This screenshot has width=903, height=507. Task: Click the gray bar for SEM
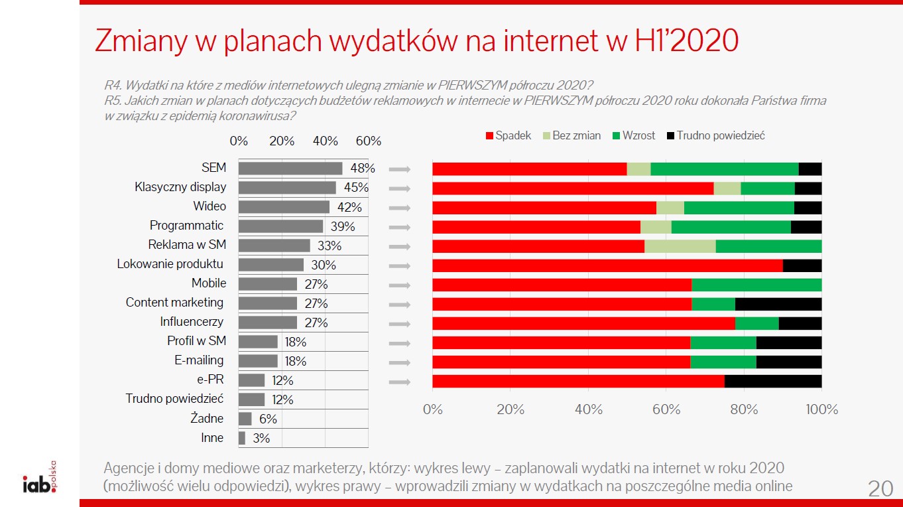tap(290, 169)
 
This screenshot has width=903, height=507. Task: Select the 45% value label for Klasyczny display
tap(356, 188)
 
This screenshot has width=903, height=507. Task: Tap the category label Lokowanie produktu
tap(170, 264)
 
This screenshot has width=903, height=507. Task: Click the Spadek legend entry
tap(509, 136)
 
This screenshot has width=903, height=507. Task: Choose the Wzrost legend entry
tap(634, 136)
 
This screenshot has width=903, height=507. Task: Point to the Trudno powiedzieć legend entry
tap(715, 136)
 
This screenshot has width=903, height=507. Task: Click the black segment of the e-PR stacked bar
tap(773, 382)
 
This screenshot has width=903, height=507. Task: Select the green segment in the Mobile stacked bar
tap(756, 285)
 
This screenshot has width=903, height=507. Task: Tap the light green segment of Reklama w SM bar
tap(680, 246)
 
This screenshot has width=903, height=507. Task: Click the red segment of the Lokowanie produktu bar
tap(607, 265)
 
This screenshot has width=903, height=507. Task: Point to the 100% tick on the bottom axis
tap(821, 409)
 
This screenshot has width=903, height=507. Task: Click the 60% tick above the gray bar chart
tap(369, 141)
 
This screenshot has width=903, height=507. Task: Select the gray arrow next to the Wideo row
tap(400, 208)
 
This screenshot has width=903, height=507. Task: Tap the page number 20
tap(880, 489)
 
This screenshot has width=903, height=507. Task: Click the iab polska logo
tap(40, 480)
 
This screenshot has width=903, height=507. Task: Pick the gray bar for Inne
tap(242, 438)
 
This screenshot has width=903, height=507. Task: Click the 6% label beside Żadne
tap(268, 419)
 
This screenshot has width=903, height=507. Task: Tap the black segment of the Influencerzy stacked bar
tap(800, 323)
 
